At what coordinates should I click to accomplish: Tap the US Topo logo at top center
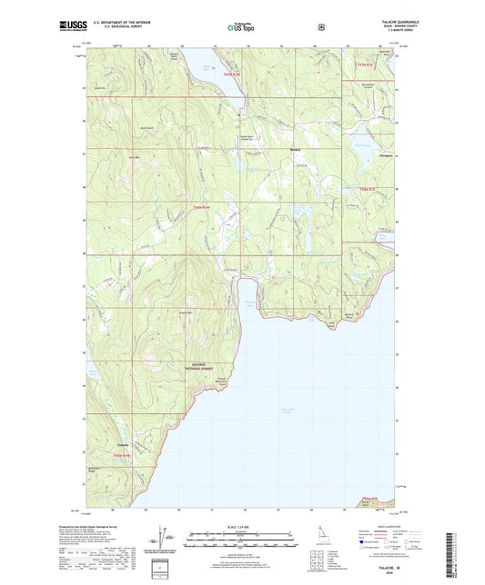pos(243,27)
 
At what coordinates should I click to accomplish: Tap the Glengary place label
pos(385,155)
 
